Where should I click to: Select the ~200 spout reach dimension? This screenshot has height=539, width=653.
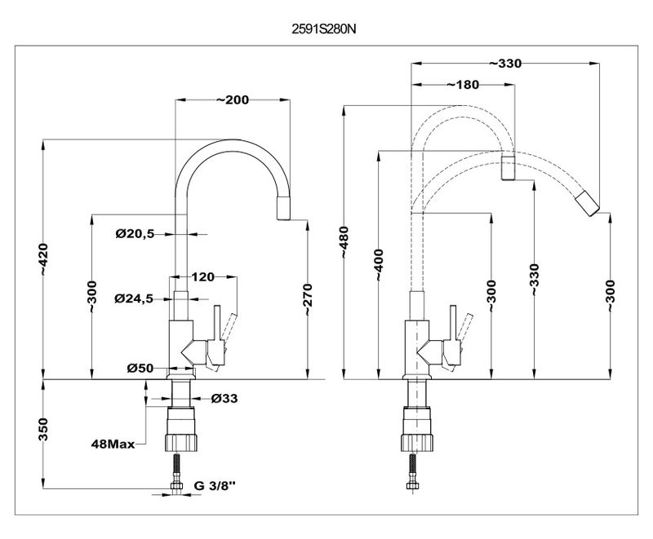[233, 99]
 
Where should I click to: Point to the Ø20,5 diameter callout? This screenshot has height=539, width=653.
[135, 234]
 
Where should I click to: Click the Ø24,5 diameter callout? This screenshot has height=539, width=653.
[135, 298]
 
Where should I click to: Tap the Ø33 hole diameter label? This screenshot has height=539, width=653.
[224, 399]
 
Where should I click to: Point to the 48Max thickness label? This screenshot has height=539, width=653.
[113, 445]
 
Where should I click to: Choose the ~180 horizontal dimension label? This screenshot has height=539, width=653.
[462, 85]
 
